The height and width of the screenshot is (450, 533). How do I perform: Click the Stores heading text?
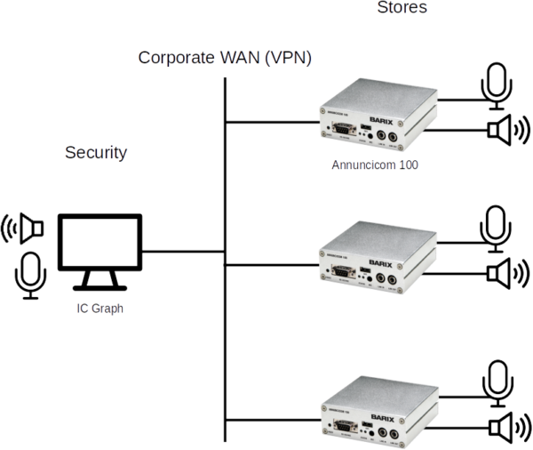pyautogui.click(x=402, y=7)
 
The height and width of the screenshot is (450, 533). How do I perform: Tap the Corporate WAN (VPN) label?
pyautogui.click(x=225, y=59)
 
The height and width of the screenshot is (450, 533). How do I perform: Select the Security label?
pyautogui.click(x=96, y=152)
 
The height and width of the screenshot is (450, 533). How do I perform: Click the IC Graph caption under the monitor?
pyautogui.click(x=98, y=309)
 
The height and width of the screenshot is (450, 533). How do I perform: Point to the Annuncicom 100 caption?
pyautogui.click(x=375, y=165)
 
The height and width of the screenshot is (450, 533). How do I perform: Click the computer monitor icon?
pyautogui.click(x=99, y=251)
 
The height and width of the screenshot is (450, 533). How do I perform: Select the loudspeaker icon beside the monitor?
pyautogui.click(x=25, y=229)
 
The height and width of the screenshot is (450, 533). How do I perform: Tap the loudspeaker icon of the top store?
pyautogui.click(x=507, y=131)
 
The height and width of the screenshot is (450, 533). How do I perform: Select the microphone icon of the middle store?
pyautogui.click(x=494, y=226)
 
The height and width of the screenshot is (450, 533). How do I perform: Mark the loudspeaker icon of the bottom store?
pyautogui.click(x=507, y=428)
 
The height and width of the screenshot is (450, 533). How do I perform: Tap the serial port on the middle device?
pyautogui.click(x=339, y=278)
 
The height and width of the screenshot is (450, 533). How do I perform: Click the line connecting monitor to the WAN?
pyautogui.click(x=183, y=250)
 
